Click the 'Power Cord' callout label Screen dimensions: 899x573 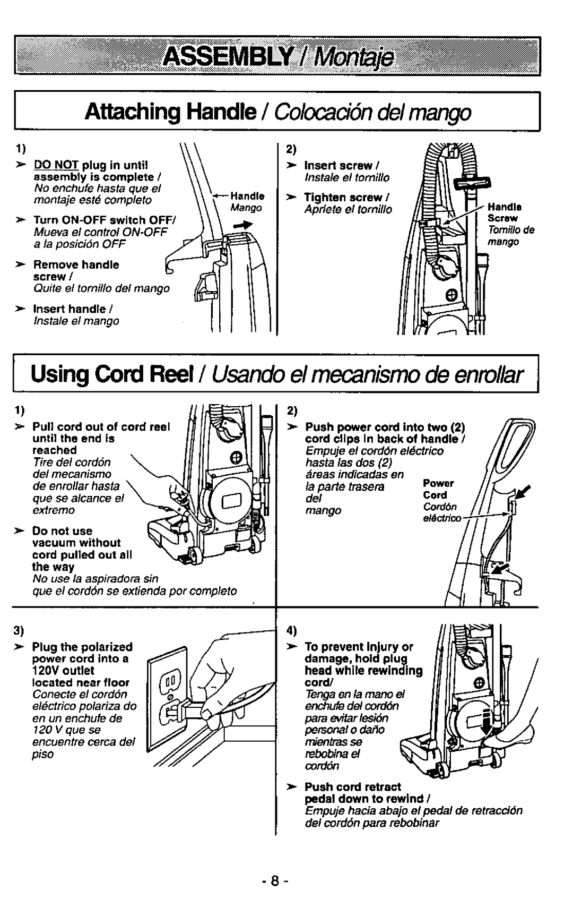point(438,489)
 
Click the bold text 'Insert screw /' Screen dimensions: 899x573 point(340,166)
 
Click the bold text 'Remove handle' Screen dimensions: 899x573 point(76,264)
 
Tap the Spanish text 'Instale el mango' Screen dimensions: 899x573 point(76,321)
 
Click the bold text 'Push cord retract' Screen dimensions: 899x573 point(352,786)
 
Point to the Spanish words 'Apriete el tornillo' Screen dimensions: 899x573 point(348,209)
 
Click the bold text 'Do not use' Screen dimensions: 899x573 point(62,531)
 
